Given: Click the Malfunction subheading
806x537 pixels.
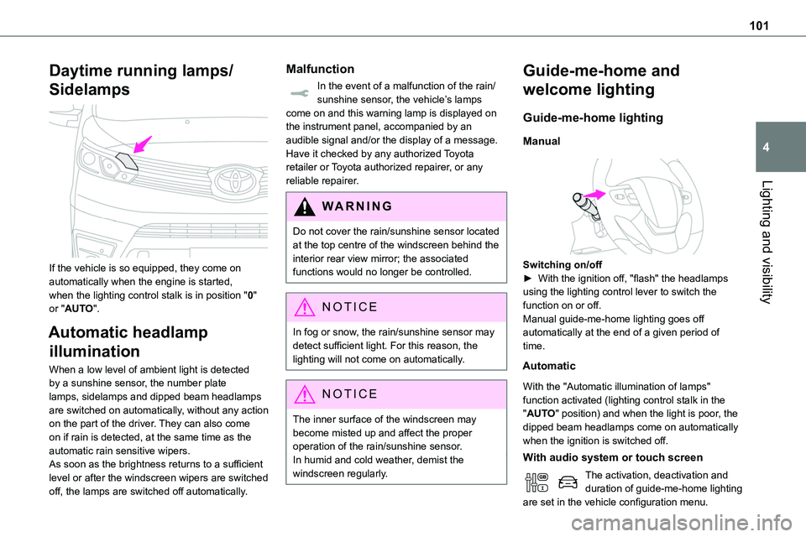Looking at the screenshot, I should click(x=320, y=69).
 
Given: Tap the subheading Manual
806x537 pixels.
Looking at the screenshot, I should click(x=542, y=142).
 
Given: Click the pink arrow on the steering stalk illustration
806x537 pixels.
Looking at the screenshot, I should click(x=594, y=195).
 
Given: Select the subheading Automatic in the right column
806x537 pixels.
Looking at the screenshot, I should click(x=550, y=366).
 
